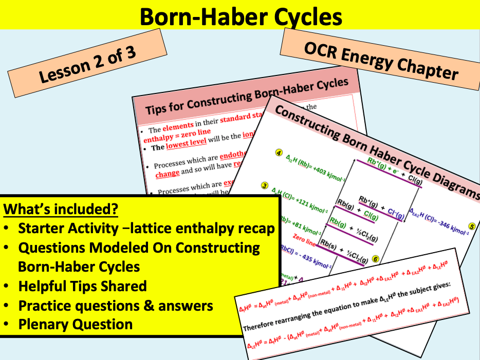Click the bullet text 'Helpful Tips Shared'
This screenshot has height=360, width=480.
[x=82, y=286]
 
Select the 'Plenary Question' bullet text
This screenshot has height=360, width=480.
[x=76, y=324]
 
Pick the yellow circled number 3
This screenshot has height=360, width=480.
[x=265, y=185]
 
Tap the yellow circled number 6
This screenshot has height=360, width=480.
[x=375, y=259]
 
